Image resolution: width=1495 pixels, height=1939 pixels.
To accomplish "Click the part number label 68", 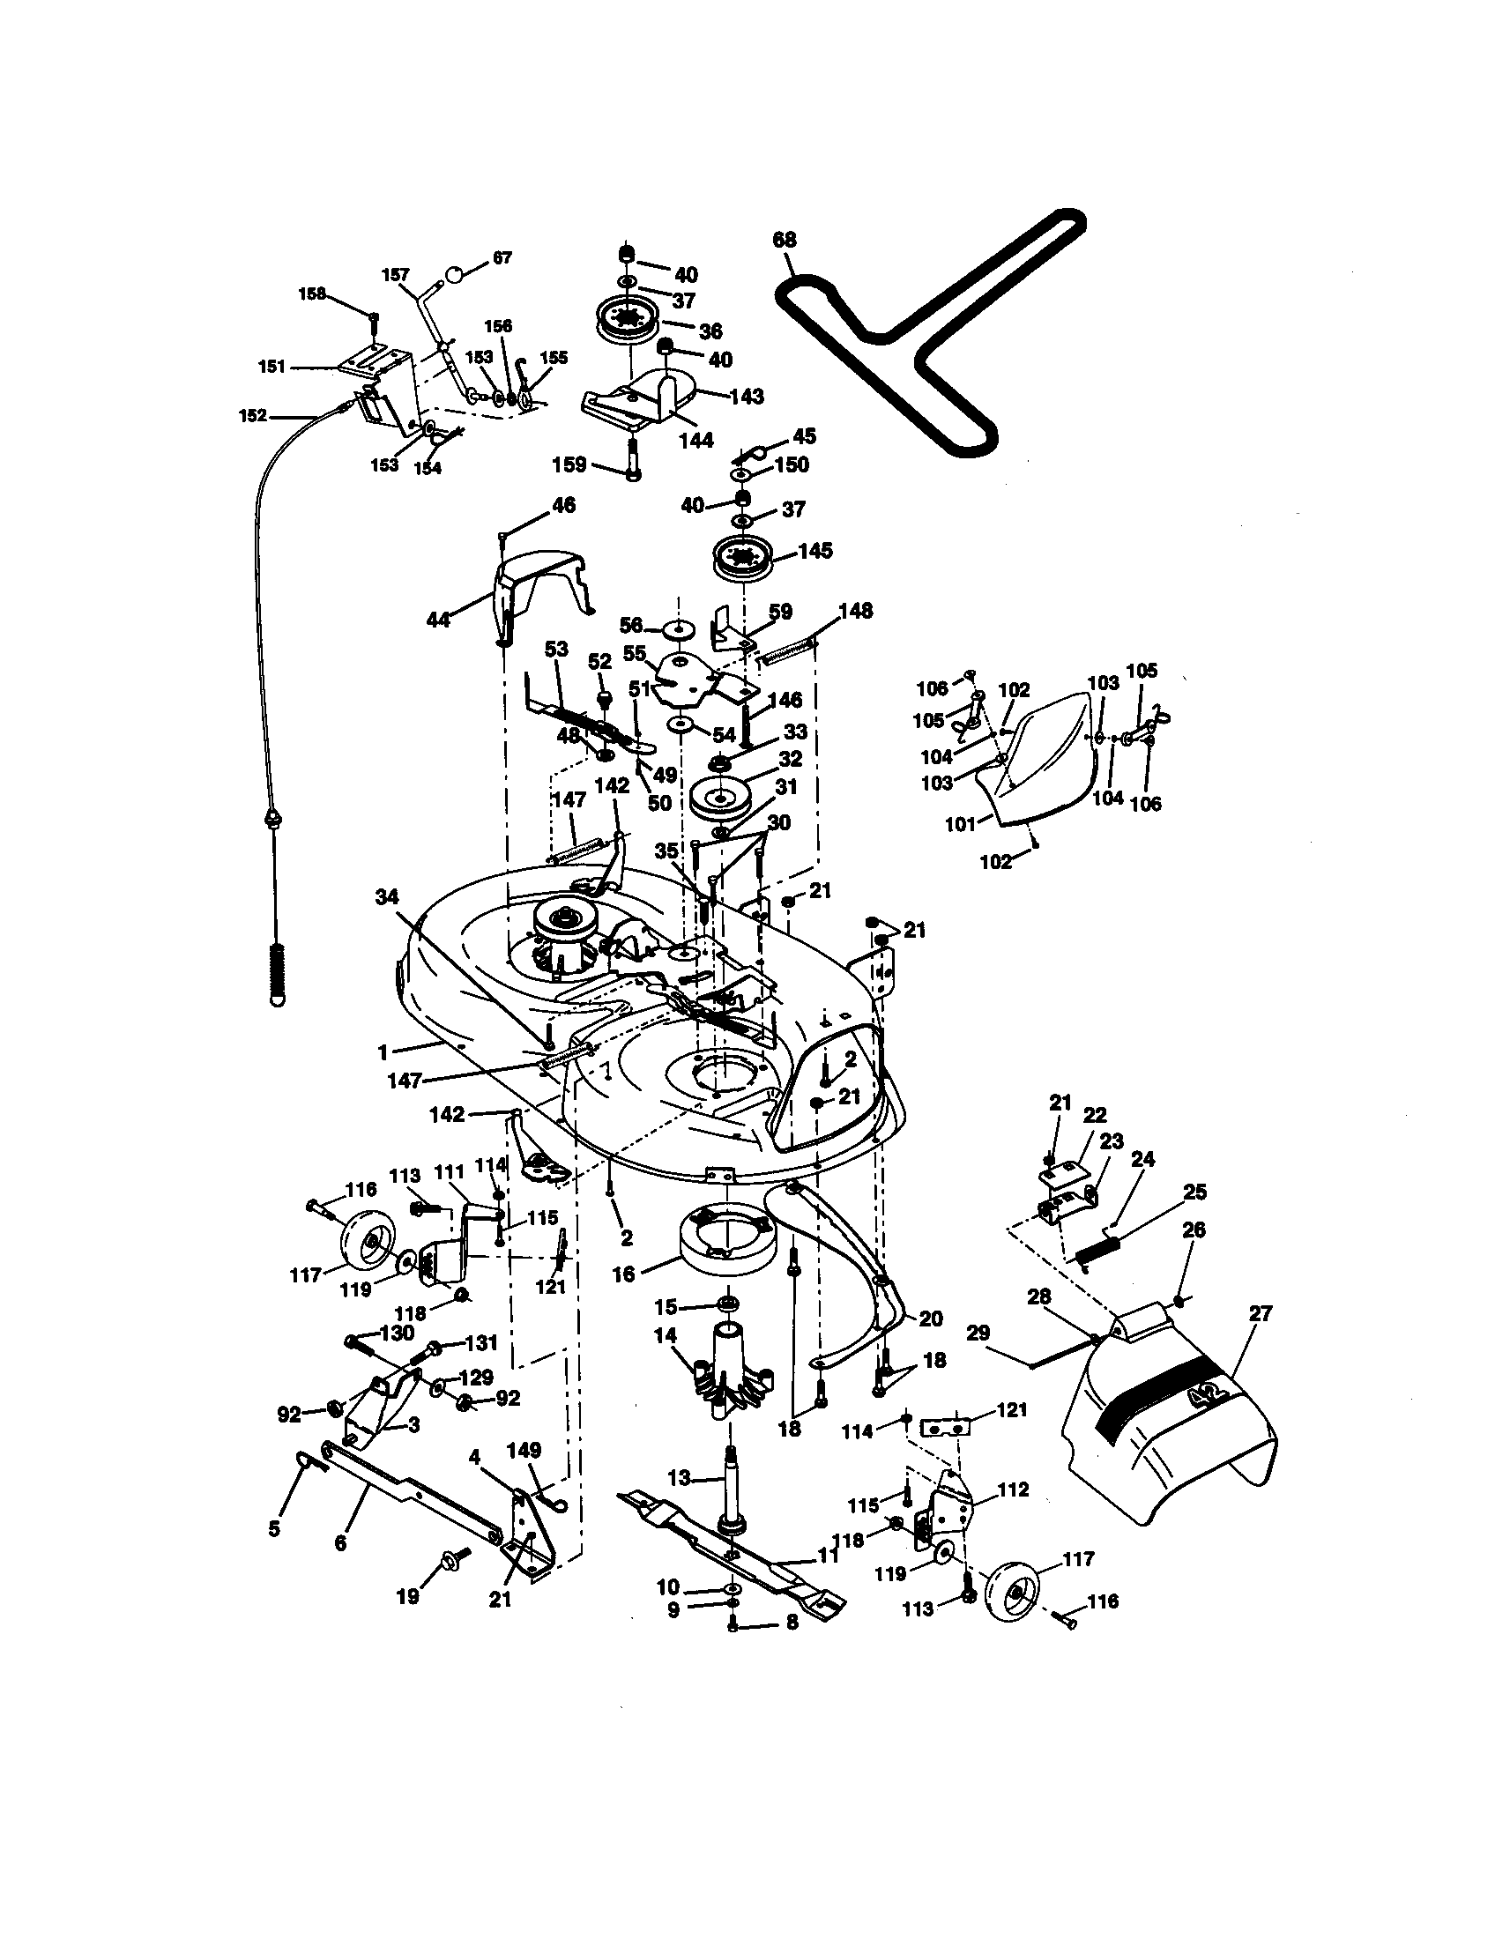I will point(784,240).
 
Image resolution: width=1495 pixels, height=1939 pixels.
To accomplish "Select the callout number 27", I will point(1261,1313).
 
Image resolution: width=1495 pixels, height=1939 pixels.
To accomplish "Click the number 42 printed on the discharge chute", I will point(1210,1397).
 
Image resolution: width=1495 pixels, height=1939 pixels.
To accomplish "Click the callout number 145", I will point(815,551).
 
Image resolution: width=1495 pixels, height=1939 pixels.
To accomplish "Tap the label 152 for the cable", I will point(253,415).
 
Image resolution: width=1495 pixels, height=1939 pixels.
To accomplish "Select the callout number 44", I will point(439,620).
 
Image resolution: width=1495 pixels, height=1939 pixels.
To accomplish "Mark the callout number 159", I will point(569,464).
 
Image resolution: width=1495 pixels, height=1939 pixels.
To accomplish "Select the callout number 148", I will point(855,611).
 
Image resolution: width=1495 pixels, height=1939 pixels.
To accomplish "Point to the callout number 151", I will point(271,367).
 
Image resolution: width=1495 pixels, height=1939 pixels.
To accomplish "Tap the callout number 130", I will point(397,1334).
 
